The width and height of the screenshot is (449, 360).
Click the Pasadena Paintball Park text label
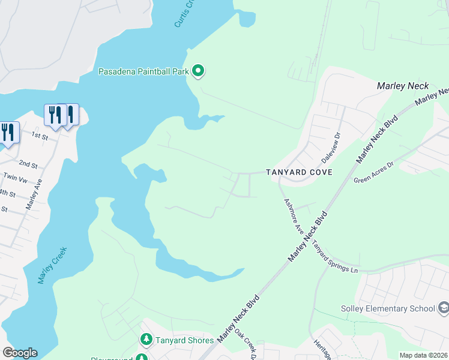tap(143, 71)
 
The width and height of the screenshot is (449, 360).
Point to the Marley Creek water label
tap(53, 265)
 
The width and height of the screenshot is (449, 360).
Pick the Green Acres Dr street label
tap(373, 172)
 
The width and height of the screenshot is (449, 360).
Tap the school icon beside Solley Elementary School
tap(444, 308)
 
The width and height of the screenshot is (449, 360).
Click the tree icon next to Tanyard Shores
tap(146, 340)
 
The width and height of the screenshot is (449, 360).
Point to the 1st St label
tap(40, 136)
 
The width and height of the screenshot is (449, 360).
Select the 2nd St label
tap(28, 164)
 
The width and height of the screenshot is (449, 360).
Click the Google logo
tap(20, 353)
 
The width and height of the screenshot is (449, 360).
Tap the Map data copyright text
tap(423, 355)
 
